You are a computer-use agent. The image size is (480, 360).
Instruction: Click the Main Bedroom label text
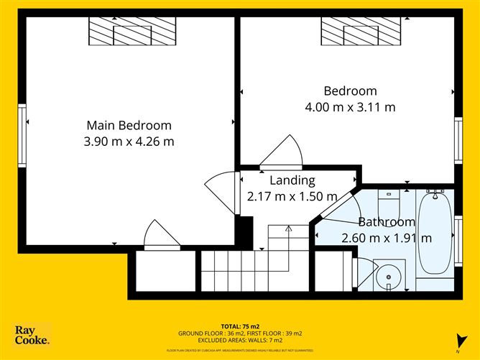tap(129, 125)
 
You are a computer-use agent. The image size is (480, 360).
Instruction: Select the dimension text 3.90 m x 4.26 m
tap(129, 142)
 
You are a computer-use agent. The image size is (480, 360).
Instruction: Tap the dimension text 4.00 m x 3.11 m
tap(350, 107)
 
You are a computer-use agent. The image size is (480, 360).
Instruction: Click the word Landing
tap(292, 180)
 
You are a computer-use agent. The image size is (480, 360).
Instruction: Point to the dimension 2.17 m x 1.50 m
tap(292, 196)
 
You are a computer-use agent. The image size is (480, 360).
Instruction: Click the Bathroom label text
tap(387, 222)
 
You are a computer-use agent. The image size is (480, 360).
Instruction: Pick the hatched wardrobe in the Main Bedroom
tap(132, 32)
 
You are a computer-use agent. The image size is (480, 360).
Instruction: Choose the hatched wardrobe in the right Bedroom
tap(360, 32)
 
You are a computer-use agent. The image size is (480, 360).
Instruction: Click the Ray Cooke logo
tap(32, 334)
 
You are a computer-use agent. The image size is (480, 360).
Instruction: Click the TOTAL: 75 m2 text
tap(239, 326)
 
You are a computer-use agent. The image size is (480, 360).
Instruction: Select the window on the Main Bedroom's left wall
tap(22, 134)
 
